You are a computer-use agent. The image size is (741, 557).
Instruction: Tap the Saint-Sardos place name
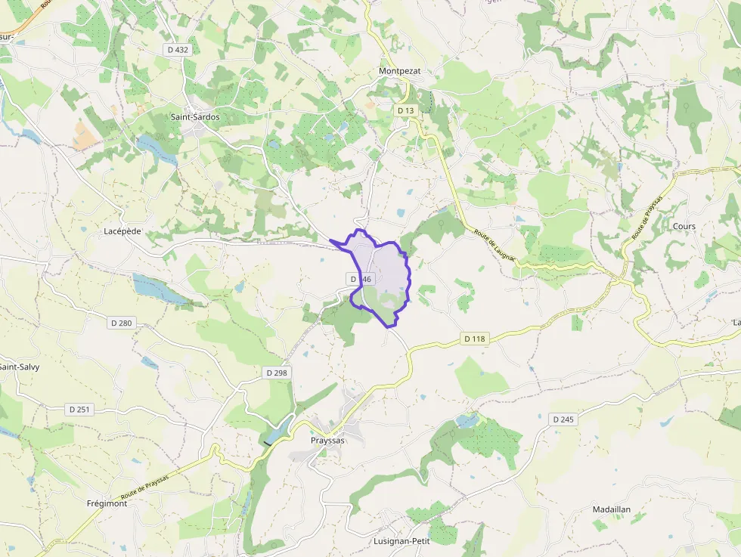coord(195,117)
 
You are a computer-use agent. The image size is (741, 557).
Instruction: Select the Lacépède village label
coord(122,231)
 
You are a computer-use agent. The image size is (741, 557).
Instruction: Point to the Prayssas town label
coord(327,440)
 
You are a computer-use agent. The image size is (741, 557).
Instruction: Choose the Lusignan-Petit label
coord(402,541)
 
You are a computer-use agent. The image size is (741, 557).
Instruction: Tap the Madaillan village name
coord(612,510)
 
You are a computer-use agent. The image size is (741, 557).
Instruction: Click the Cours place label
coord(684,226)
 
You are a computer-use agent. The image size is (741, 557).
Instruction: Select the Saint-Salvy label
coord(19,367)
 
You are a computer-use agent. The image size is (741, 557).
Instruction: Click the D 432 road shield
coord(177,49)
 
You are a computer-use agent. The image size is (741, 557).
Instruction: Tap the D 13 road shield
coord(406,110)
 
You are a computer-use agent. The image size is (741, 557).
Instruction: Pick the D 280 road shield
coord(121,323)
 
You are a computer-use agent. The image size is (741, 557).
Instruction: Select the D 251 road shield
coord(79,410)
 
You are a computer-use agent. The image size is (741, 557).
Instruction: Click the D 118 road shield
coord(474,339)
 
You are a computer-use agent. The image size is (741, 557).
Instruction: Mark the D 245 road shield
coord(564,419)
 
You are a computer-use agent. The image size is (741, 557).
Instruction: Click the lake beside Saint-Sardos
coord(157,149)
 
